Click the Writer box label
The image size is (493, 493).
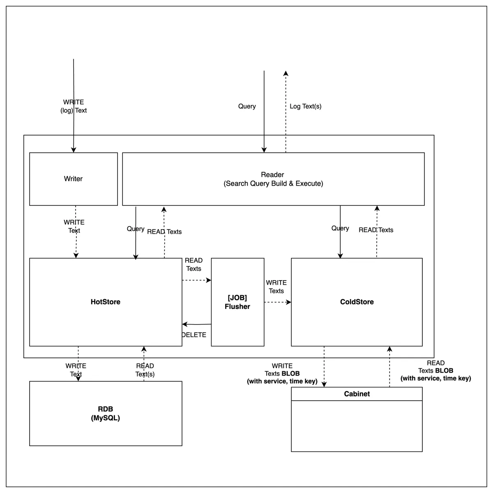pos(73,179)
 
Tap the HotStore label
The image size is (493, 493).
pos(106,302)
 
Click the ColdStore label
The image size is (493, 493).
pos(357,302)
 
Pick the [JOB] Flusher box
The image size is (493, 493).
pos(237,302)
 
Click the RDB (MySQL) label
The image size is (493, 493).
pos(106,413)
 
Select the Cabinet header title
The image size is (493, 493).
pos(357,394)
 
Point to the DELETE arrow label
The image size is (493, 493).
pos(194,335)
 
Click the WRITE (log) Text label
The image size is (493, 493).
pos(74,106)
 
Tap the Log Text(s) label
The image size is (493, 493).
pos(306,106)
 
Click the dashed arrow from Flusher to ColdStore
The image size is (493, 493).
pos(278,302)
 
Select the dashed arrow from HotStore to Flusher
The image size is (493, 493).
pos(196,280)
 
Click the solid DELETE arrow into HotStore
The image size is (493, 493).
pos(196,324)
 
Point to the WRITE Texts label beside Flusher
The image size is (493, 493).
pos(276,286)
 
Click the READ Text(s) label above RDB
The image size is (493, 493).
pos(145,370)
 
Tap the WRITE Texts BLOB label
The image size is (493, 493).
pos(282,373)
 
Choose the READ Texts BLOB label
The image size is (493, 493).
pos(435,371)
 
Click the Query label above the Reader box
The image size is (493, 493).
pos(247,106)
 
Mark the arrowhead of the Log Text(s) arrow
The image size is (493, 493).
pos(286,73)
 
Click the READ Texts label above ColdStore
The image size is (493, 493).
pos(376,230)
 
